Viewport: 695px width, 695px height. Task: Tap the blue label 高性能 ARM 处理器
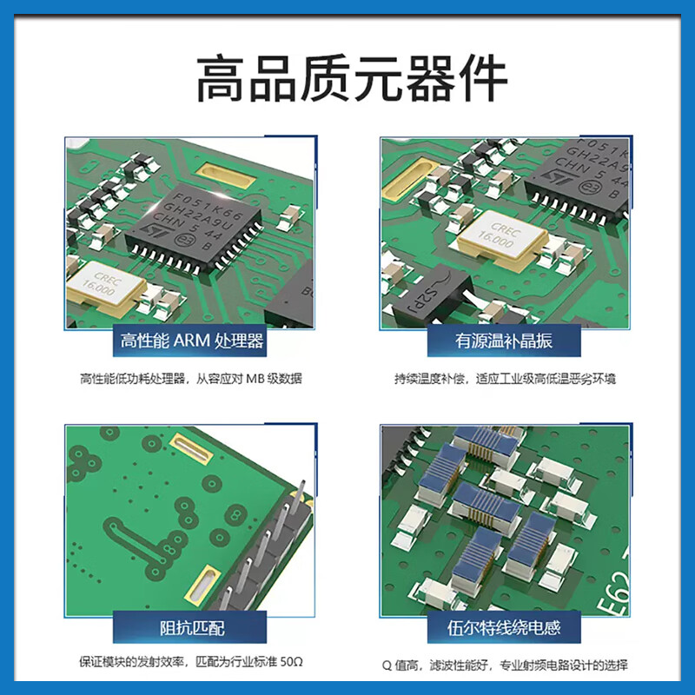(x=192, y=340)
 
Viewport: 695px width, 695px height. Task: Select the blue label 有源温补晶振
(x=505, y=340)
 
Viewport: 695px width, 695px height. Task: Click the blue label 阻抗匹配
(x=192, y=627)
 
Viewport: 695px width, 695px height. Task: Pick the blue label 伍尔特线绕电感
(x=505, y=627)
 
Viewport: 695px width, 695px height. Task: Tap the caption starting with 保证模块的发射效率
(x=191, y=665)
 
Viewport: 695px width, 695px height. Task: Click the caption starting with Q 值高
(x=505, y=665)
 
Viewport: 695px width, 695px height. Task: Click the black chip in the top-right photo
(x=582, y=174)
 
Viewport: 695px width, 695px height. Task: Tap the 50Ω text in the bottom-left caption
(x=290, y=665)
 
